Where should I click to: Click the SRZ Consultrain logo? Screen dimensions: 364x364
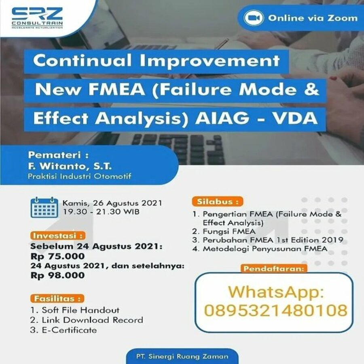pos(37,18)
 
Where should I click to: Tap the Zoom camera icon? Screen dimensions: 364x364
pos(254,18)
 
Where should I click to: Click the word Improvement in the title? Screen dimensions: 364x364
pos(210,61)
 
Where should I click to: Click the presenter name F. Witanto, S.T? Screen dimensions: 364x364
pos(70,166)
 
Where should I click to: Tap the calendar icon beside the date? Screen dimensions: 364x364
pos(44,207)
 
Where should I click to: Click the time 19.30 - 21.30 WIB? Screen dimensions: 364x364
pos(101,212)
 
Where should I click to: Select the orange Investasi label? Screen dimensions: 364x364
pos(58,236)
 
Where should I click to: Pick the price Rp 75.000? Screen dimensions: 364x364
pos(57,256)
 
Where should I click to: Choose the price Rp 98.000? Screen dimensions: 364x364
pos(57,275)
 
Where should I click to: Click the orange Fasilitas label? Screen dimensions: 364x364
pos(57,298)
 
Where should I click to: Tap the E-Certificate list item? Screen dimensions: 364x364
pos(63,330)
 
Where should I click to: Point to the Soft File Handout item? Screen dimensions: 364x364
pos(75,310)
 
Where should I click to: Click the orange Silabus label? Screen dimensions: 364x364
pos(218,201)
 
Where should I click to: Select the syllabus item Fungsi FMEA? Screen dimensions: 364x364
pos(224,231)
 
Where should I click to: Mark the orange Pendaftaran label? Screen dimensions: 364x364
pos(274,269)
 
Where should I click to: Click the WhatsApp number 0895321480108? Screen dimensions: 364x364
pos(275,310)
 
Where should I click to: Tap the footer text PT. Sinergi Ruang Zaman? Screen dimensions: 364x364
pos(182,356)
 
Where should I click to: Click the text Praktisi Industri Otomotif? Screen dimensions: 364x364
pos(79,176)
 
